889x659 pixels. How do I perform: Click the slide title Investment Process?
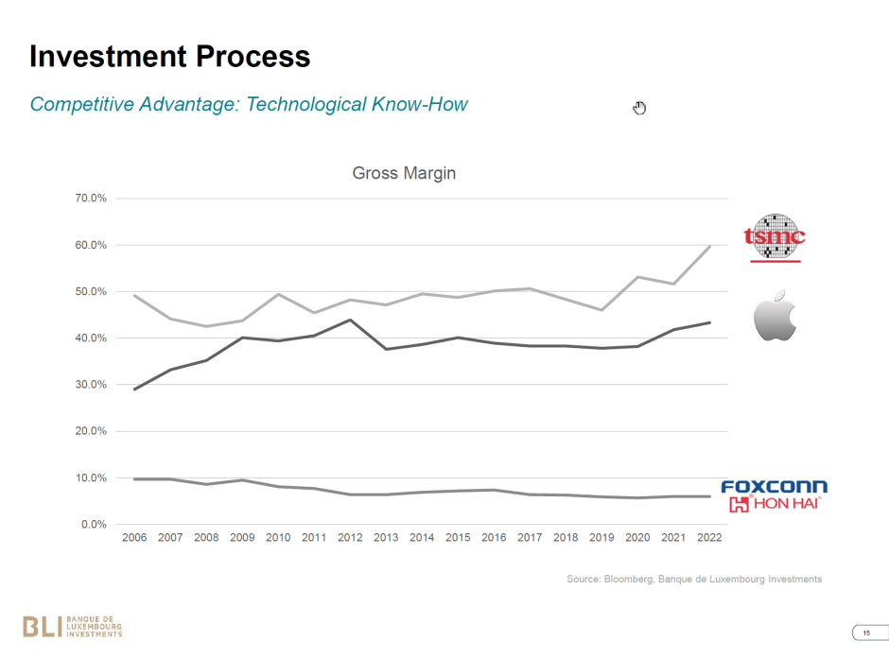(169, 56)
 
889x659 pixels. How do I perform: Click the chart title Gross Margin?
(404, 174)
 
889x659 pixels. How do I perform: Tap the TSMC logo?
(775, 237)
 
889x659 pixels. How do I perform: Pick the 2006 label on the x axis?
(134, 538)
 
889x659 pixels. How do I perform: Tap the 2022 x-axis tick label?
(709, 538)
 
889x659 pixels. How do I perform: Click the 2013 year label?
(386, 538)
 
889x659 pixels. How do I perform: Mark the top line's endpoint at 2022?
(710, 247)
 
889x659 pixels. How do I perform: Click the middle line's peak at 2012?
(350, 320)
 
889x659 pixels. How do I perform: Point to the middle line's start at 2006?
(135, 390)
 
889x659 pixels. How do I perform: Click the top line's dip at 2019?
(602, 310)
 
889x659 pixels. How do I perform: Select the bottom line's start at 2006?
(135, 479)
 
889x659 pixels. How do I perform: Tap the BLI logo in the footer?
(72, 626)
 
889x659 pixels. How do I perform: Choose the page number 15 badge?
(865, 633)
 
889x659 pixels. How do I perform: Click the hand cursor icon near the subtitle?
(639, 108)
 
